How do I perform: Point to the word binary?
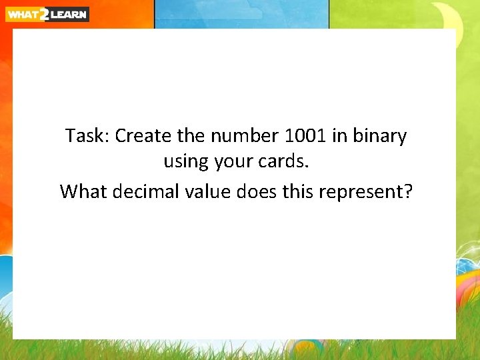tap(380, 137)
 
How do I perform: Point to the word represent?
tap(365, 193)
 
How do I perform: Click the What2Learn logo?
tap(47, 14)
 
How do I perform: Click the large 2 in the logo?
tap(44, 14)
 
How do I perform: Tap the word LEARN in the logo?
tap(69, 14)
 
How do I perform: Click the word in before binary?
tap(341, 136)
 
